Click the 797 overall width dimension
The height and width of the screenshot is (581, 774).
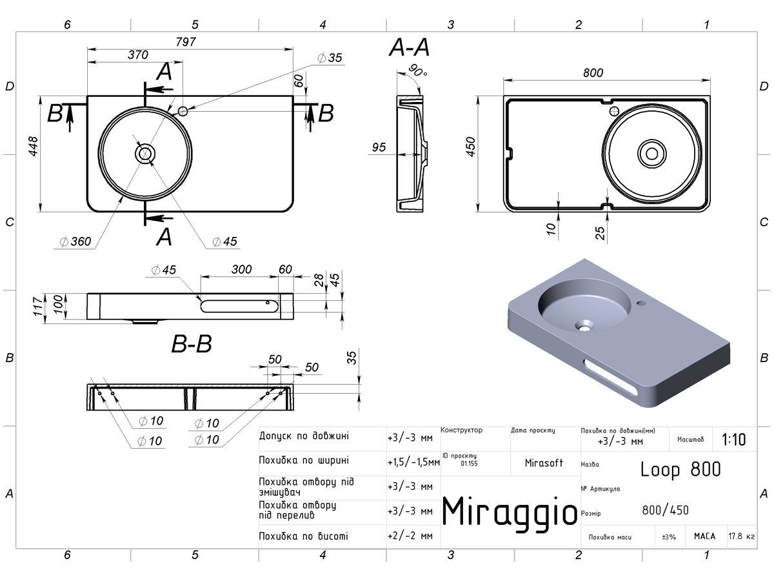click(186, 42)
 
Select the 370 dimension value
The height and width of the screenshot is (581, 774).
click(138, 55)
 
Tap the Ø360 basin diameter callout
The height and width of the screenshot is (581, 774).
click(76, 241)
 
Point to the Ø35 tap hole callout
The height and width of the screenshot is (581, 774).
click(330, 57)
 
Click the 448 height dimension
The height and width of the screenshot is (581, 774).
click(33, 147)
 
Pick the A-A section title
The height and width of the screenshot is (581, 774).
click(410, 48)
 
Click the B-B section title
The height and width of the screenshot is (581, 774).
click(192, 343)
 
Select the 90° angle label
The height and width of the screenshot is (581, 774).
click(418, 70)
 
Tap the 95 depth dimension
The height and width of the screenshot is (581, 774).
click(379, 147)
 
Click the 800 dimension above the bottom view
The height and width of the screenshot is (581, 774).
click(593, 73)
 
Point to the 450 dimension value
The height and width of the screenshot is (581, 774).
click(471, 147)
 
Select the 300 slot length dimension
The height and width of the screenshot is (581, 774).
click(241, 269)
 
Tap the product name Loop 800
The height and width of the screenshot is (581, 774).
click(680, 469)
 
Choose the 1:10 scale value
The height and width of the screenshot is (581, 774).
click(734, 440)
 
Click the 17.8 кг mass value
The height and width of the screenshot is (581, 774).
click(742, 536)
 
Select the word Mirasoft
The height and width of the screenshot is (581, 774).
click(544, 463)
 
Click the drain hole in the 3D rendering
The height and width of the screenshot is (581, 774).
click(584, 326)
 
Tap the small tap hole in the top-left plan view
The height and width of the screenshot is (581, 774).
click(183, 112)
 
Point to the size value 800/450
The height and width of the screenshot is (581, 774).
click(666, 510)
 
